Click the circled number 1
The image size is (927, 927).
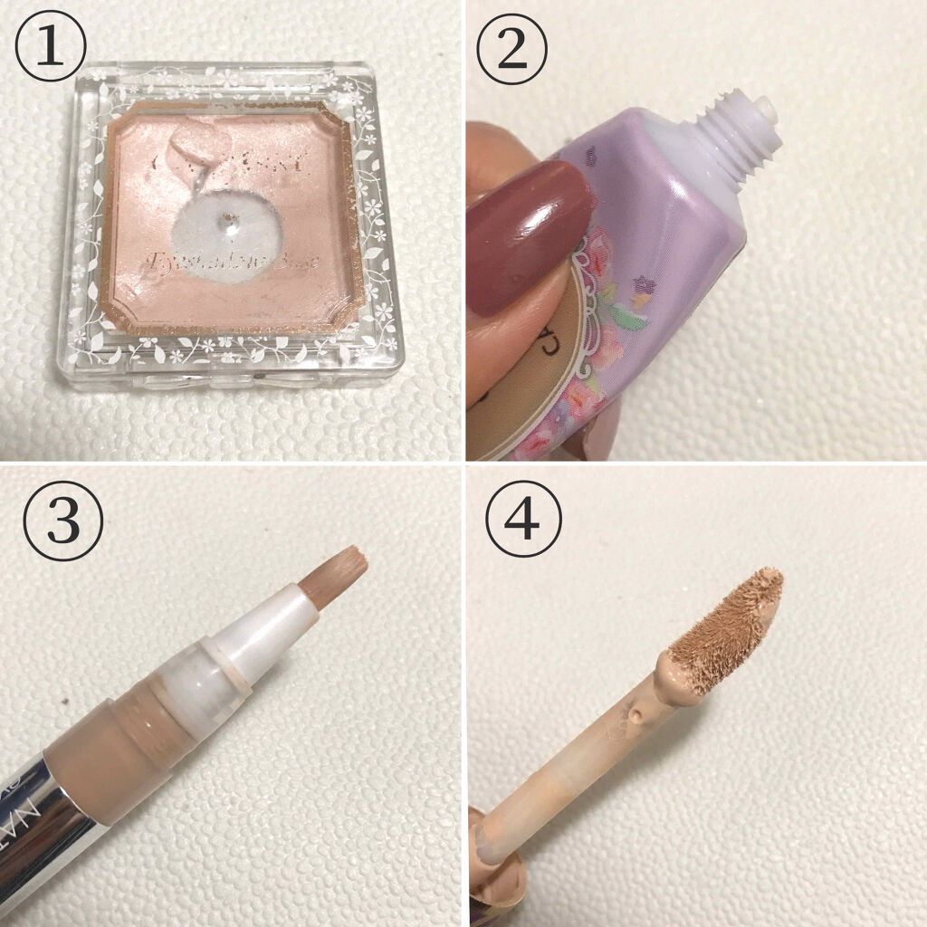coord(51,48)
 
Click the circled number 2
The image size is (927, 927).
coord(512,48)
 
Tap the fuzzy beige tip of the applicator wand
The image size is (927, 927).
coord(724,625)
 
